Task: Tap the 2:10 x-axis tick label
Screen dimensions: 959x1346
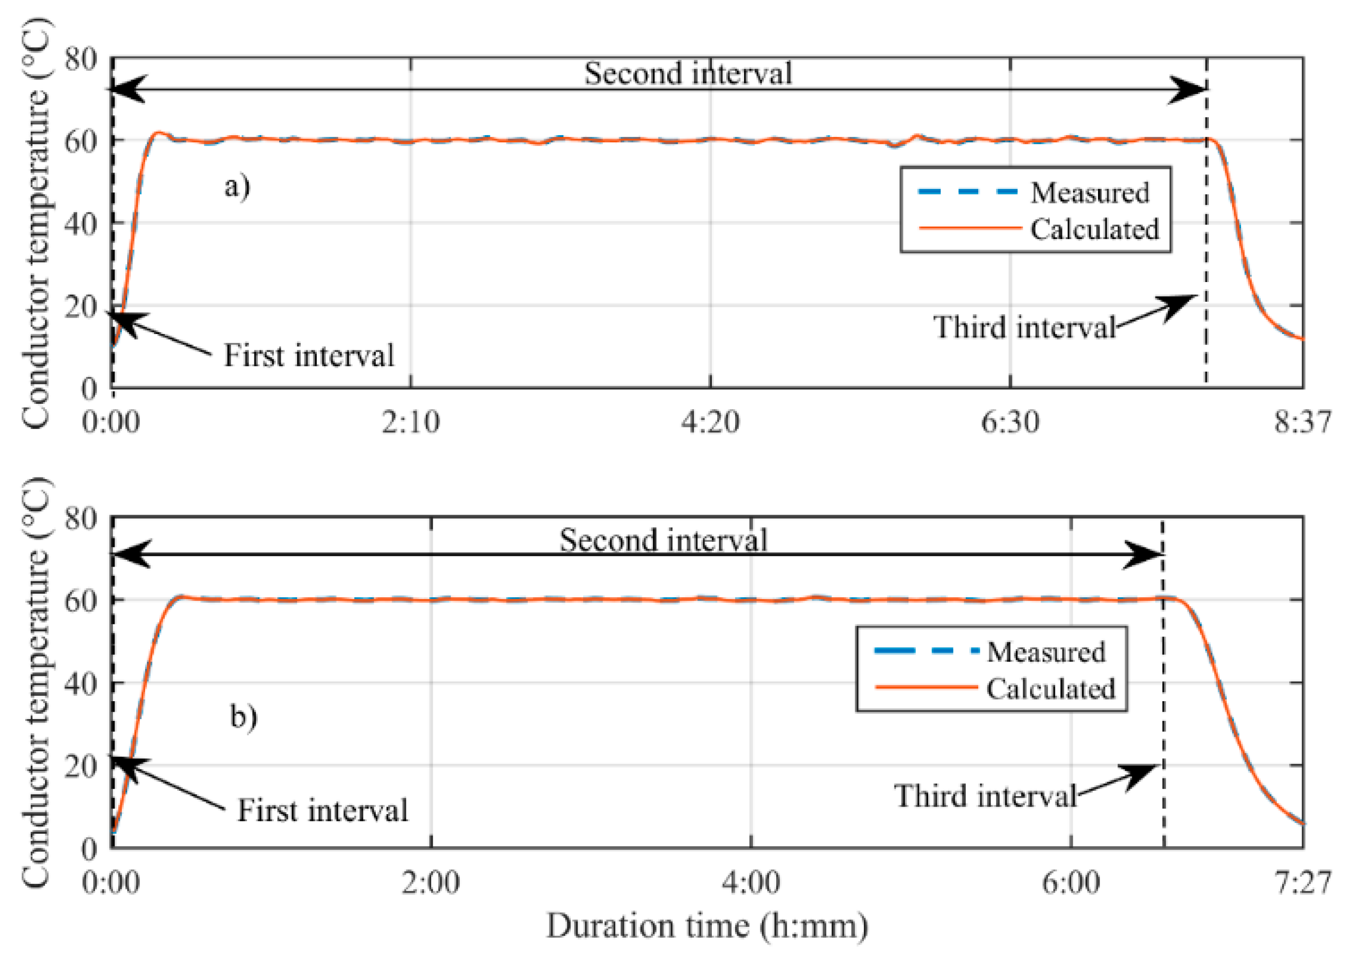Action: (x=410, y=422)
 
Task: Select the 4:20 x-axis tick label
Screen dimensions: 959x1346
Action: (x=710, y=422)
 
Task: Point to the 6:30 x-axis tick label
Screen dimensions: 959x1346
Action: (x=1010, y=422)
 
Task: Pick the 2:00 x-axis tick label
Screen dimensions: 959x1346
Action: (x=431, y=883)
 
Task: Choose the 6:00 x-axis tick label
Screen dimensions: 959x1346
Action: (x=1071, y=883)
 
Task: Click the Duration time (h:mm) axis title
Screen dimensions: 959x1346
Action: (x=707, y=926)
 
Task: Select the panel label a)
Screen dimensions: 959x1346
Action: (x=237, y=187)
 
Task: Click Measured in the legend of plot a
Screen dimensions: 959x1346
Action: (x=1090, y=192)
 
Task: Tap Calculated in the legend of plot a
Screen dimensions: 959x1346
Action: (x=1095, y=229)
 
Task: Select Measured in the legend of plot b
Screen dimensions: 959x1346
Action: (x=1046, y=652)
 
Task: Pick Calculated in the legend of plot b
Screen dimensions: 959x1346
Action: (x=1050, y=688)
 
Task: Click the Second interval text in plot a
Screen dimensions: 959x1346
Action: (x=688, y=74)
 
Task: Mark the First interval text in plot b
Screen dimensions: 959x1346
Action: (x=322, y=810)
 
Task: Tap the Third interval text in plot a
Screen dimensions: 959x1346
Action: (x=1024, y=327)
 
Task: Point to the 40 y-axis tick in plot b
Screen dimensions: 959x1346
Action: (x=80, y=683)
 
